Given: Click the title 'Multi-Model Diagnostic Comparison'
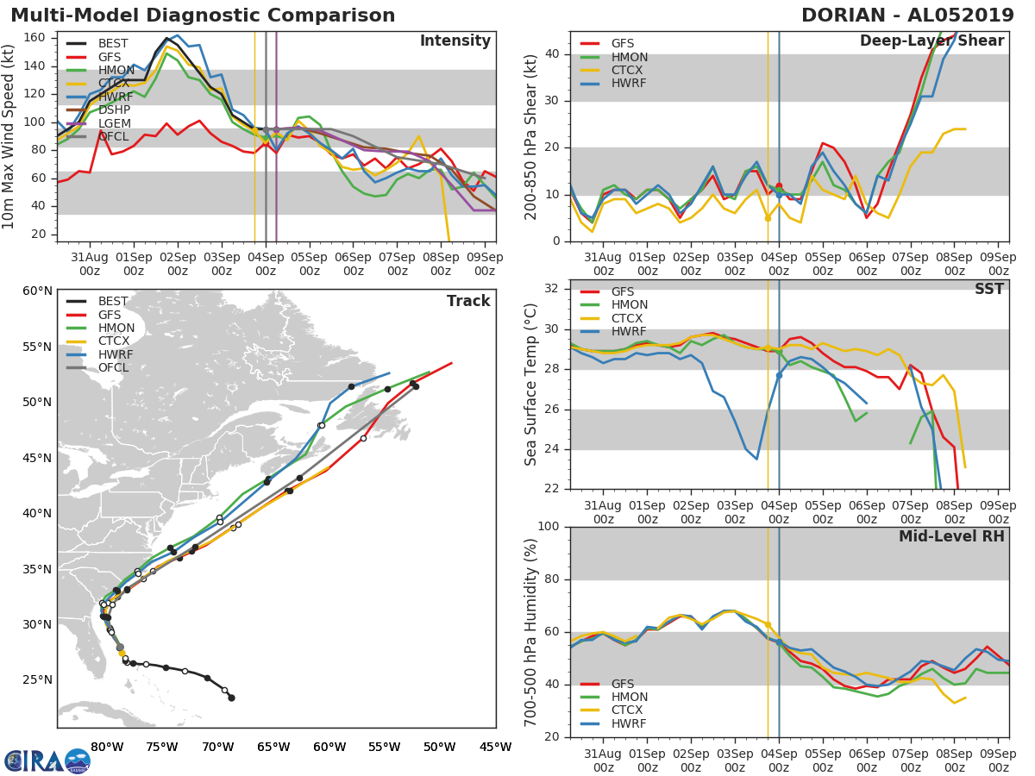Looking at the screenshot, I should [203, 16].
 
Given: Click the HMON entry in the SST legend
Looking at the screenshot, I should [630, 305].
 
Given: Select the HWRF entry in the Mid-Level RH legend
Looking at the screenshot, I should [628, 723].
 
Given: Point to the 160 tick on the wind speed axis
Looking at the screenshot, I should [36, 37].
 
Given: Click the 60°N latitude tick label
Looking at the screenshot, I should [36, 291].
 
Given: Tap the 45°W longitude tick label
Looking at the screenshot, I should [495, 747].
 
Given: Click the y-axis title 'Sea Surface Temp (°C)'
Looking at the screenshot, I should [531, 384].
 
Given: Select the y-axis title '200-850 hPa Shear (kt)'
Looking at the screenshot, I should [531, 136].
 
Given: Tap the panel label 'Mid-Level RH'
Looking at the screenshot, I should [951, 536].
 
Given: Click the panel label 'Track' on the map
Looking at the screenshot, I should [468, 301].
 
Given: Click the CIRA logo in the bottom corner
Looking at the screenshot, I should [47, 760].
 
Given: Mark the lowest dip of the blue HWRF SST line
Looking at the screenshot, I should [756, 459].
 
